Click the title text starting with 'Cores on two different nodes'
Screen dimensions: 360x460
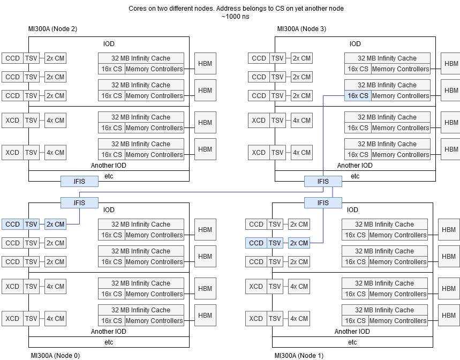click(x=236, y=9)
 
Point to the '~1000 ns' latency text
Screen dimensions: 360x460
click(x=236, y=17)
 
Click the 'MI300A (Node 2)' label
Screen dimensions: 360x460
click(x=52, y=29)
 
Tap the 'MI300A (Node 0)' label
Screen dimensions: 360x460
click(x=55, y=356)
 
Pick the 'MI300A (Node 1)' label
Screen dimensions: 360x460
click(x=299, y=356)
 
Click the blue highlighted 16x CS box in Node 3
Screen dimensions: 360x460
click(x=358, y=96)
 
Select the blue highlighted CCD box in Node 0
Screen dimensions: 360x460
click(x=12, y=224)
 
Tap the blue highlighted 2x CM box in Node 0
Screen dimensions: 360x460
click(x=55, y=224)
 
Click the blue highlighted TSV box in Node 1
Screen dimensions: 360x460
click(x=275, y=243)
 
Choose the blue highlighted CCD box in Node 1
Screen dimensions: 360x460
click(x=256, y=243)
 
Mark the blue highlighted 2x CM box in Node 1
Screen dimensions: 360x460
click(x=299, y=243)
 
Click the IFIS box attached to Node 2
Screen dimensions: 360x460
click(x=79, y=182)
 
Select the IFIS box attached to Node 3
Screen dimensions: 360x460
click(x=323, y=182)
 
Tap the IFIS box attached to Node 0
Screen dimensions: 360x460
click(x=79, y=202)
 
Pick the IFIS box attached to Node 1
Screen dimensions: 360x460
click(x=323, y=202)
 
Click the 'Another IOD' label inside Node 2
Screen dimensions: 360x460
click(x=109, y=166)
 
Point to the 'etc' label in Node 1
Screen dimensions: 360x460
click(x=352, y=342)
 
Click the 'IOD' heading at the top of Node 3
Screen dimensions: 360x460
click(x=355, y=44)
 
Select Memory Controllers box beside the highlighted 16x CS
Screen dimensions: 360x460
click(x=401, y=96)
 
